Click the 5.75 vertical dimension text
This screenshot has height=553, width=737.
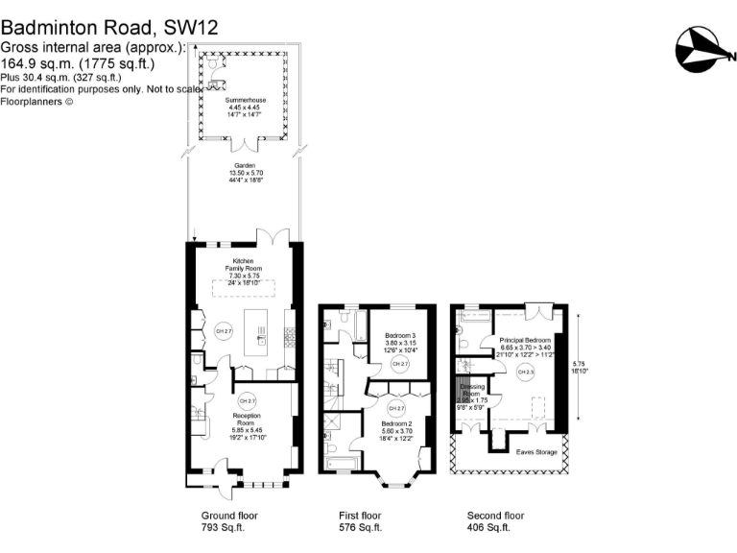577,364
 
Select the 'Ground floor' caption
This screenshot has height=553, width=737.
225,515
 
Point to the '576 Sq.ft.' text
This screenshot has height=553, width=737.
363,527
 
